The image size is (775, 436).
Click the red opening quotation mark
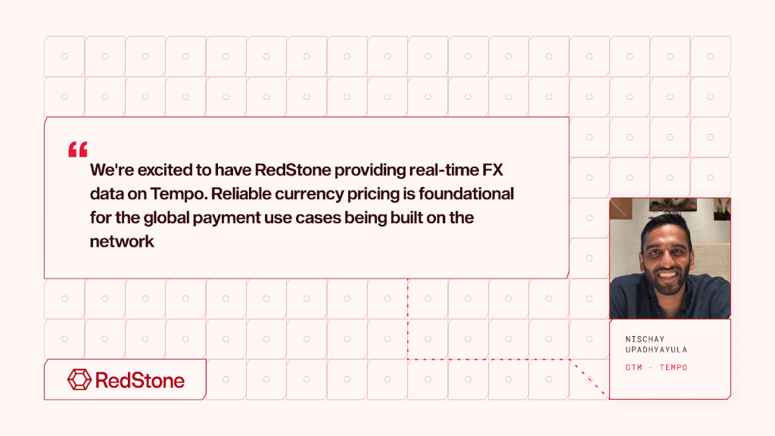tap(78, 149)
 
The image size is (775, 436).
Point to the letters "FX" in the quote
tap(491, 170)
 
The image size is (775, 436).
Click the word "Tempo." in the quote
tap(179, 195)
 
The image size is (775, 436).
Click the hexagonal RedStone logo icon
tap(79, 379)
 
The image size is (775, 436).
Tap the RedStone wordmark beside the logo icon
tap(140, 379)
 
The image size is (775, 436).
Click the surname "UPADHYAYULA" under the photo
tap(656, 350)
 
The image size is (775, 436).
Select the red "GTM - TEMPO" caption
tap(656, 368)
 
